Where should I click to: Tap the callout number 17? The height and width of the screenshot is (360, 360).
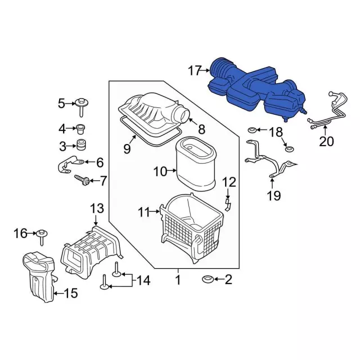coord(195,70)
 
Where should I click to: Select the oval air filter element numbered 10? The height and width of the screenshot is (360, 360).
coord(196,164)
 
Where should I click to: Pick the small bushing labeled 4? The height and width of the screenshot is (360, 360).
coord(80,130)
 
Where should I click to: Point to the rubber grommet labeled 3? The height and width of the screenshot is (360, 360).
coord(80,145)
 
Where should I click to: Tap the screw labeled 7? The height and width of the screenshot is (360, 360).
coord(82,181)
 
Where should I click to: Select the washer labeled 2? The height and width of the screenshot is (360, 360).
coord(208,279)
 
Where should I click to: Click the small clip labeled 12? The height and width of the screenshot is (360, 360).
coord(228,205)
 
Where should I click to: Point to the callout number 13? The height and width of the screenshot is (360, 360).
coord(97,209)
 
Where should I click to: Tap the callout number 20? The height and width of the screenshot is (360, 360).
coord(326,141)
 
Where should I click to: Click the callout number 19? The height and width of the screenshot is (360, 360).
coord(274,196)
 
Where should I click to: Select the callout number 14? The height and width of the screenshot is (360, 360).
coord(143,280)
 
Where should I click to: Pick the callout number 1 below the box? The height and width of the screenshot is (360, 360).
coord(178,280)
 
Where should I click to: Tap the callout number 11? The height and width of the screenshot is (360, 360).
coord(144,212)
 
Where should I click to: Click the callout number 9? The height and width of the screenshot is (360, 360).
coord(127,148)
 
